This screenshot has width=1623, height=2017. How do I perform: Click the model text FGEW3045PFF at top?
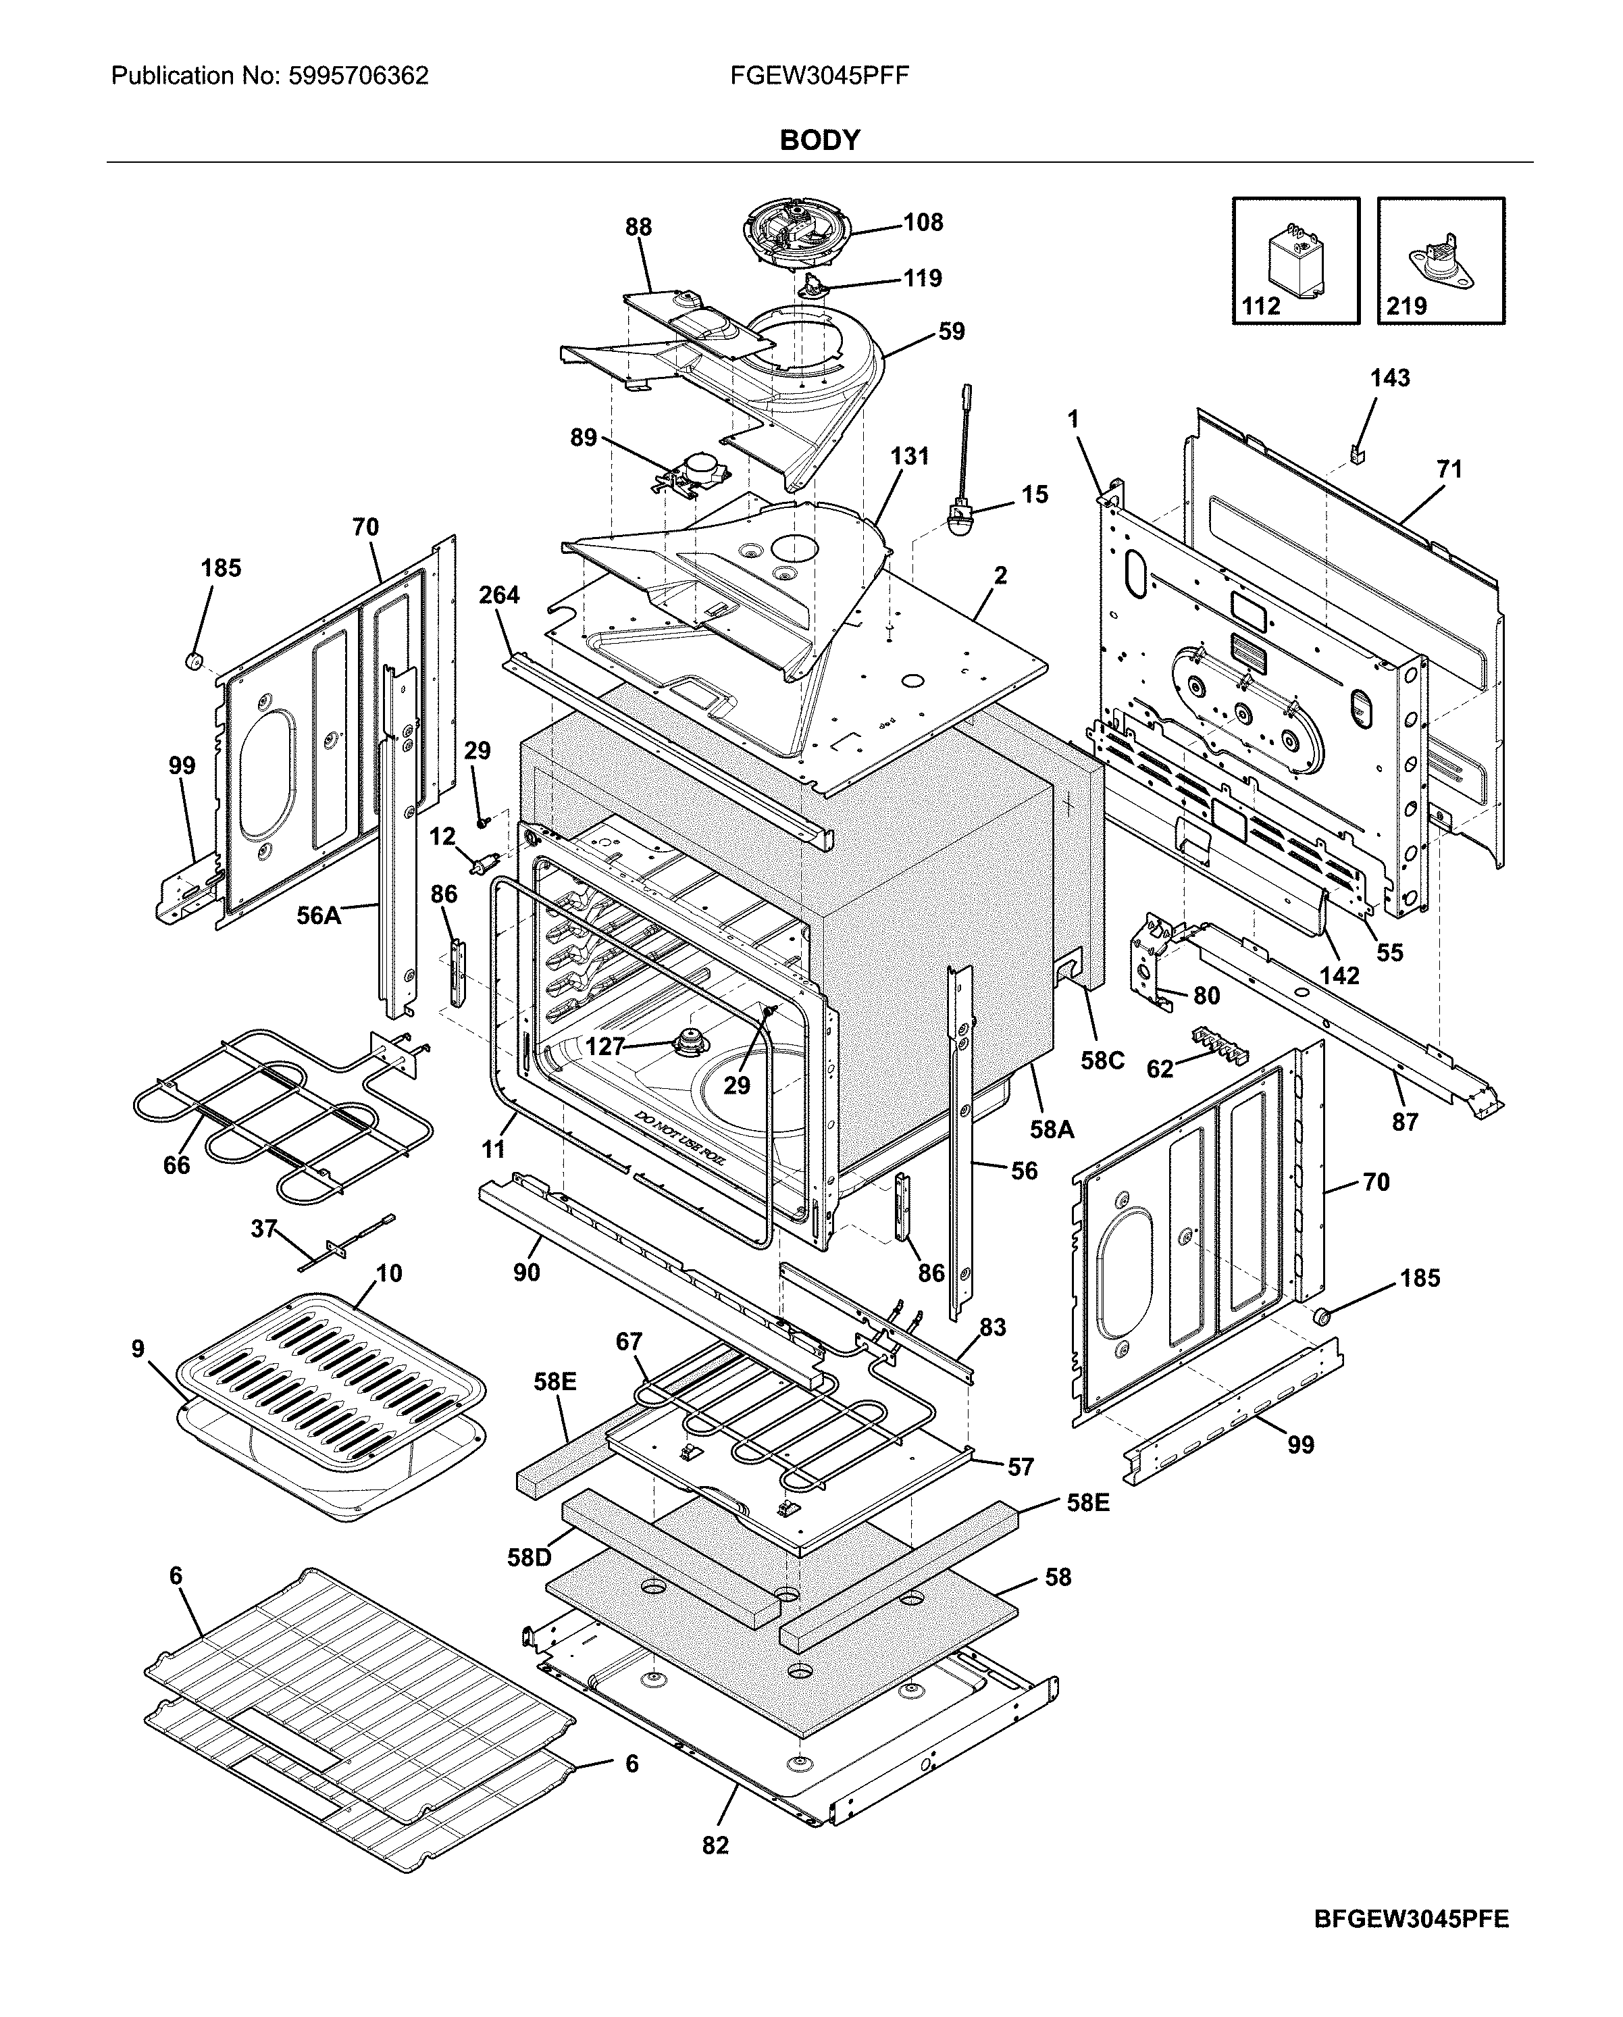coord(819,76)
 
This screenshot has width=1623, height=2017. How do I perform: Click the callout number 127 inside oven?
coord(604,1047)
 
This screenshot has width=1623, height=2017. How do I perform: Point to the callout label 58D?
coord(530,1558)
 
